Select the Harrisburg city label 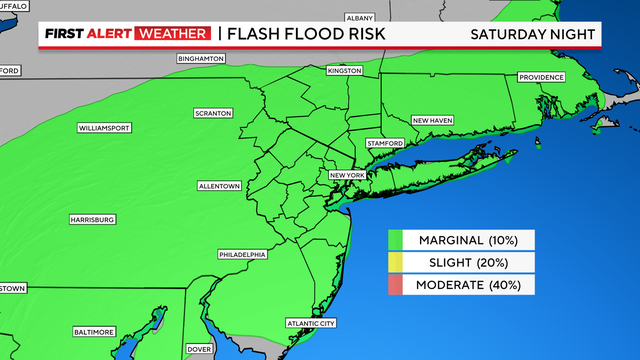click(93, 219)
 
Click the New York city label click(346, 176)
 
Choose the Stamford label click(385, 143)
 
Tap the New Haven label click(432, 120)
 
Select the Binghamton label click(200, 59)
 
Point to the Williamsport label click(103, 130)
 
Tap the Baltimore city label click(94, 331)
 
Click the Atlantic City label click(310, 323)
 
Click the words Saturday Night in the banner click(534, 35)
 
